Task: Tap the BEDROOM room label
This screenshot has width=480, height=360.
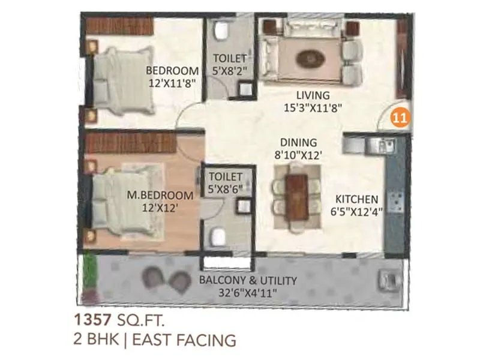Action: click(173, 70)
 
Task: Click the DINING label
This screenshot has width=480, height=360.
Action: click(298, 142)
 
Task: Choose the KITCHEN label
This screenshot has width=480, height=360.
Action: click(356, 199)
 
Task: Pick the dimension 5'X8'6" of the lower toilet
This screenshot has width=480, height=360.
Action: click(225, 189)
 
